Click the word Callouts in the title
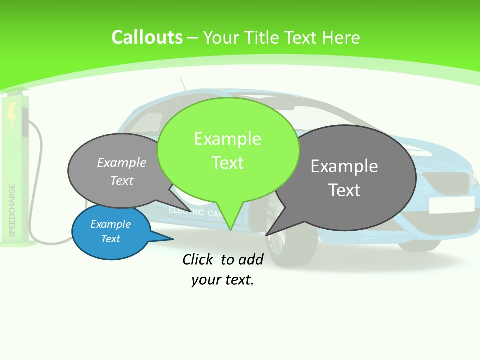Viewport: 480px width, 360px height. tap(147, 37)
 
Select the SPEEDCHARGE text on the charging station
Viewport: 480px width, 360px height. tap(12, 210)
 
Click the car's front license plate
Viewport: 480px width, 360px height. tap(451, 204)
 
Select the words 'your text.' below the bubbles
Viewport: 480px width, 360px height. tap(223, 280)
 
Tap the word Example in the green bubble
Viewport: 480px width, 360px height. tap(228, 138)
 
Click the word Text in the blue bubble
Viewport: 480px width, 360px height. tap(111, 239)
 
